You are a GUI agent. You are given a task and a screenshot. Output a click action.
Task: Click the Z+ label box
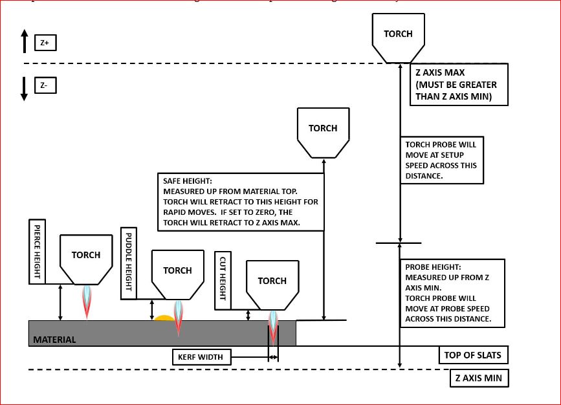pos(45,43)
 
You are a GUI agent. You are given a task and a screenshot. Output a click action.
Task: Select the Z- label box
pos(45,85)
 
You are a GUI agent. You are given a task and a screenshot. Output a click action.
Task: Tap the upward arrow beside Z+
pos(24,41)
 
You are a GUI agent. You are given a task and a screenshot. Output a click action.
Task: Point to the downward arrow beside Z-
pos(24,89)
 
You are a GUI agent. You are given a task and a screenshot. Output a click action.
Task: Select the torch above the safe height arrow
pos(323,131)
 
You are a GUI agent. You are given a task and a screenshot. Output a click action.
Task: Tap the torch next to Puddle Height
pos(177,273)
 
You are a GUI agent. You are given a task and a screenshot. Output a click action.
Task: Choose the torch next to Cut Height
pos(272,283)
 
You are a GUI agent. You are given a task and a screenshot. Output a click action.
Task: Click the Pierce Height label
pos(36,251)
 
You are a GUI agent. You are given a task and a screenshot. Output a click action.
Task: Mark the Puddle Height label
pos(127,263)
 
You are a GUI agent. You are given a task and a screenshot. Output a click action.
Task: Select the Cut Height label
pos(223,278)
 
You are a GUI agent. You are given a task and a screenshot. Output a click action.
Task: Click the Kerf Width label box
pos(201,357)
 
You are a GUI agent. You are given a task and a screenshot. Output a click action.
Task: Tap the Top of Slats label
pos(472,355)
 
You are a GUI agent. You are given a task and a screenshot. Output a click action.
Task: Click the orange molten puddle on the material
pos(163,318)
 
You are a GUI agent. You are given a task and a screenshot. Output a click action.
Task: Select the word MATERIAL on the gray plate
pos(54,340)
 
